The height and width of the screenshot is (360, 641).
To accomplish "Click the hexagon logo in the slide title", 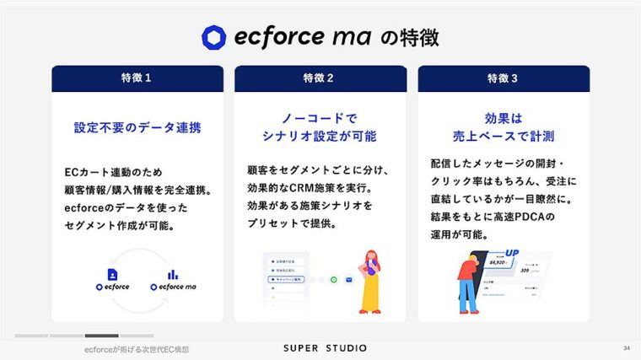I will coord(214,37).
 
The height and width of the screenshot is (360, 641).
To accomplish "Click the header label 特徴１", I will coord(137,78).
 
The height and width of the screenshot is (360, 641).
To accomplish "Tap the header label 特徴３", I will coord(503,78).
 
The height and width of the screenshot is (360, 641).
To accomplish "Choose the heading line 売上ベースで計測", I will coord(503,136).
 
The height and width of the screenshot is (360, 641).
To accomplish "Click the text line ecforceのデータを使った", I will coord(126,207).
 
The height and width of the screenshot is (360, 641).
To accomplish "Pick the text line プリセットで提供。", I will coord(292,223).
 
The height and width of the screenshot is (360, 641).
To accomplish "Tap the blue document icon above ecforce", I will coord(112,274).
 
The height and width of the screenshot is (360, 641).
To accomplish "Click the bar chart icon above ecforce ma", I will coord(173,274).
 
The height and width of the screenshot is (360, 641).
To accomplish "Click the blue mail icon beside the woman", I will coord(349,279).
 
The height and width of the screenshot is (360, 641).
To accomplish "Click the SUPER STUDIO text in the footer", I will coord(320,348).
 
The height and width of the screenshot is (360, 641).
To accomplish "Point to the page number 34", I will coord(626,348).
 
